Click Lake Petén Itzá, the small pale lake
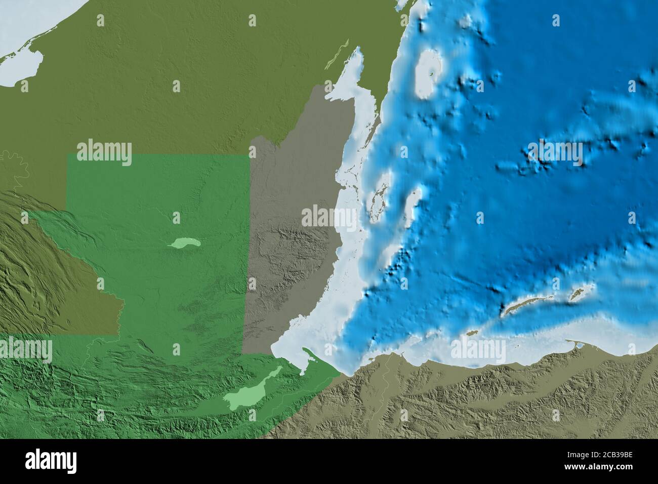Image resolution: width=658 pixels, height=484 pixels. (185, 244)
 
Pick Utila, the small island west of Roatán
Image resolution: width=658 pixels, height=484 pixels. (472, 333)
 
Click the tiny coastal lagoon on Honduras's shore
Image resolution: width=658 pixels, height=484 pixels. (579, 346)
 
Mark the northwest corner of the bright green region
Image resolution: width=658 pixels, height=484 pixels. (67, 155)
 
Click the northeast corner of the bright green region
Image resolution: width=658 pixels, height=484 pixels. (250, 155)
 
